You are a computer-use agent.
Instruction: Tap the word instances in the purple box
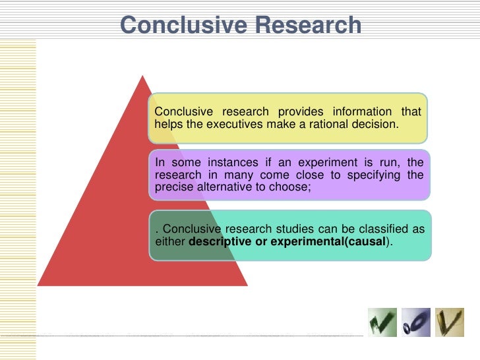point(228,163)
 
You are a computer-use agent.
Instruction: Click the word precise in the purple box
point(171,187)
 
